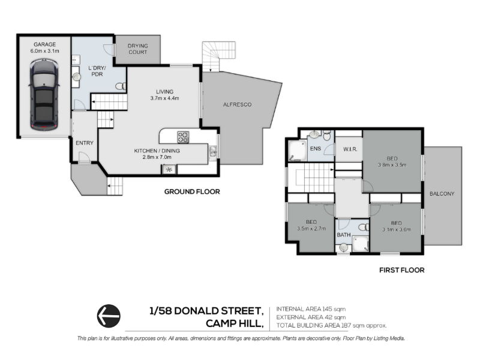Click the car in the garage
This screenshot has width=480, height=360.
coord(44,95)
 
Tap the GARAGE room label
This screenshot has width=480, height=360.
coord(44,44)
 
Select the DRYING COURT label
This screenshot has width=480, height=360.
coord(138,49)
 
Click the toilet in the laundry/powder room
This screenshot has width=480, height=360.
coord(121,86)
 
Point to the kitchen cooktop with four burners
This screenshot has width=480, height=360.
coord(183,137)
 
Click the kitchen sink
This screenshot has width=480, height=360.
coord(213,152)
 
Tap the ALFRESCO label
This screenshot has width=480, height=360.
coord(237,104)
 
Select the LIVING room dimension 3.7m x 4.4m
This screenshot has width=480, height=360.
coord(164,98)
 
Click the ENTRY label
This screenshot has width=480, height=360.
coord(85,143)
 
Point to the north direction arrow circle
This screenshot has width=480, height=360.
coord(109,316)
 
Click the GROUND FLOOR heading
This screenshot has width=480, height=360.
coord(192,191)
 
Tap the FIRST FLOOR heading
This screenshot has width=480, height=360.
coord(402,270)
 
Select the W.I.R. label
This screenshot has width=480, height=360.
coord(350,149)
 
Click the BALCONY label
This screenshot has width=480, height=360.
coord(442,194)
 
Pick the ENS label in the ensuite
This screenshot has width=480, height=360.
coord(316,148)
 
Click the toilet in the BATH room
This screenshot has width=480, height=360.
coord(364,227)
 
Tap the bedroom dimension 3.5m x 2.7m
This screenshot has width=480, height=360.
coord(311,229)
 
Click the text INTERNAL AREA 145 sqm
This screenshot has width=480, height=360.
coord(311,309)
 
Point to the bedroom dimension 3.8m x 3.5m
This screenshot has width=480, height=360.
coord(392,165)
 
